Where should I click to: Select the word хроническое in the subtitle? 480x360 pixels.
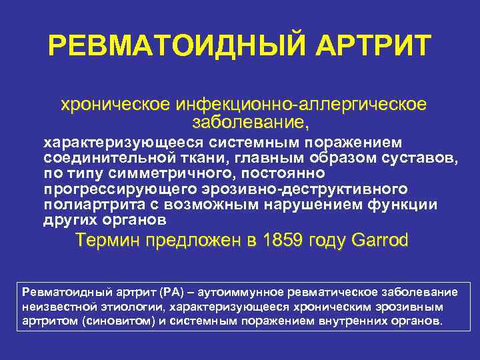click(114, 105)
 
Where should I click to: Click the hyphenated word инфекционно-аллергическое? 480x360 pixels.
click(299, 105)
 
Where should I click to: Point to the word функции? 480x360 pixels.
click(406, 205)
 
